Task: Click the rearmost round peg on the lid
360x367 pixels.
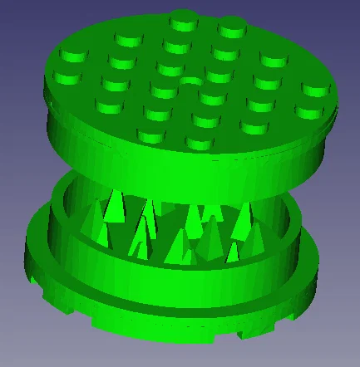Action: [182, 18]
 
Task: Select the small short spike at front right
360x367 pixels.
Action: [234, 252]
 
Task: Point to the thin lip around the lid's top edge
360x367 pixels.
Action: [333, 116]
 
